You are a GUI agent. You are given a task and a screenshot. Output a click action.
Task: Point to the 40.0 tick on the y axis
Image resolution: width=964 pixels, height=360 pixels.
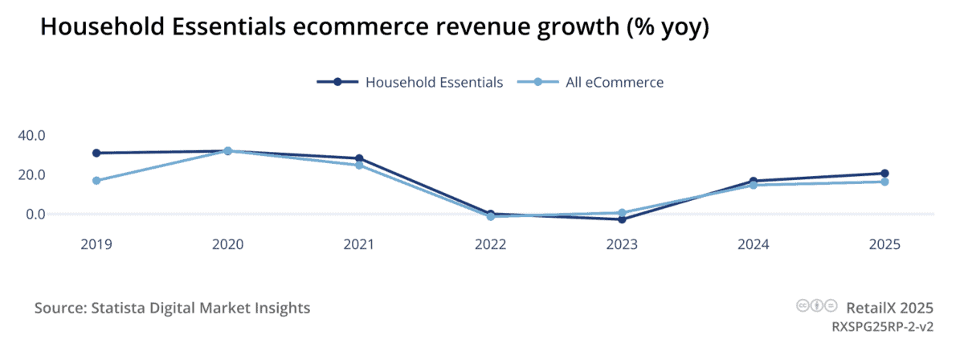(x=31, y=135)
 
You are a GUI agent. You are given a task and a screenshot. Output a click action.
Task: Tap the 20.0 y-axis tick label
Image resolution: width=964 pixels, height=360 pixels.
(x=31, y=174)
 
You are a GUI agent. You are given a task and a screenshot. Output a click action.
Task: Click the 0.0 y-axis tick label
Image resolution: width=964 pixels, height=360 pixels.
(x=35, y=215)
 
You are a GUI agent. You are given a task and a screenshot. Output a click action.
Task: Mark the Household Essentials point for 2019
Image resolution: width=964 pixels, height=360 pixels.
(x=96, y=153)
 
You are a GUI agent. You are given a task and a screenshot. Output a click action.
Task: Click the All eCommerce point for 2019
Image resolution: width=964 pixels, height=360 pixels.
(x=96, y=181)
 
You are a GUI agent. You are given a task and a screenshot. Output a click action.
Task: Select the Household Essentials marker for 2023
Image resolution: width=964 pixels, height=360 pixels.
(x=622, y=219)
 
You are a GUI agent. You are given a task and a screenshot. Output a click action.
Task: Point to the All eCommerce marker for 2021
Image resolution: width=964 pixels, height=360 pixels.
(x=359, y=165)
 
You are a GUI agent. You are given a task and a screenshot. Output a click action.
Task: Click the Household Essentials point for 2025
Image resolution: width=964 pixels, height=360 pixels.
(x=884, y=174)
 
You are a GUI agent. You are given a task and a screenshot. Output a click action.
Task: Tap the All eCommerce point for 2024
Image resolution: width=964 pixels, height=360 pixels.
(x=753, y=185)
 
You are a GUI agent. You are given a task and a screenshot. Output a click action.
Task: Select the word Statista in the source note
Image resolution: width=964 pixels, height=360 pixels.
(x=120, y=308)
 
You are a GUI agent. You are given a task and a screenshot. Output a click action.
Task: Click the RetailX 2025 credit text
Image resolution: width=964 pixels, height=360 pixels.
(x=889, y=307)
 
